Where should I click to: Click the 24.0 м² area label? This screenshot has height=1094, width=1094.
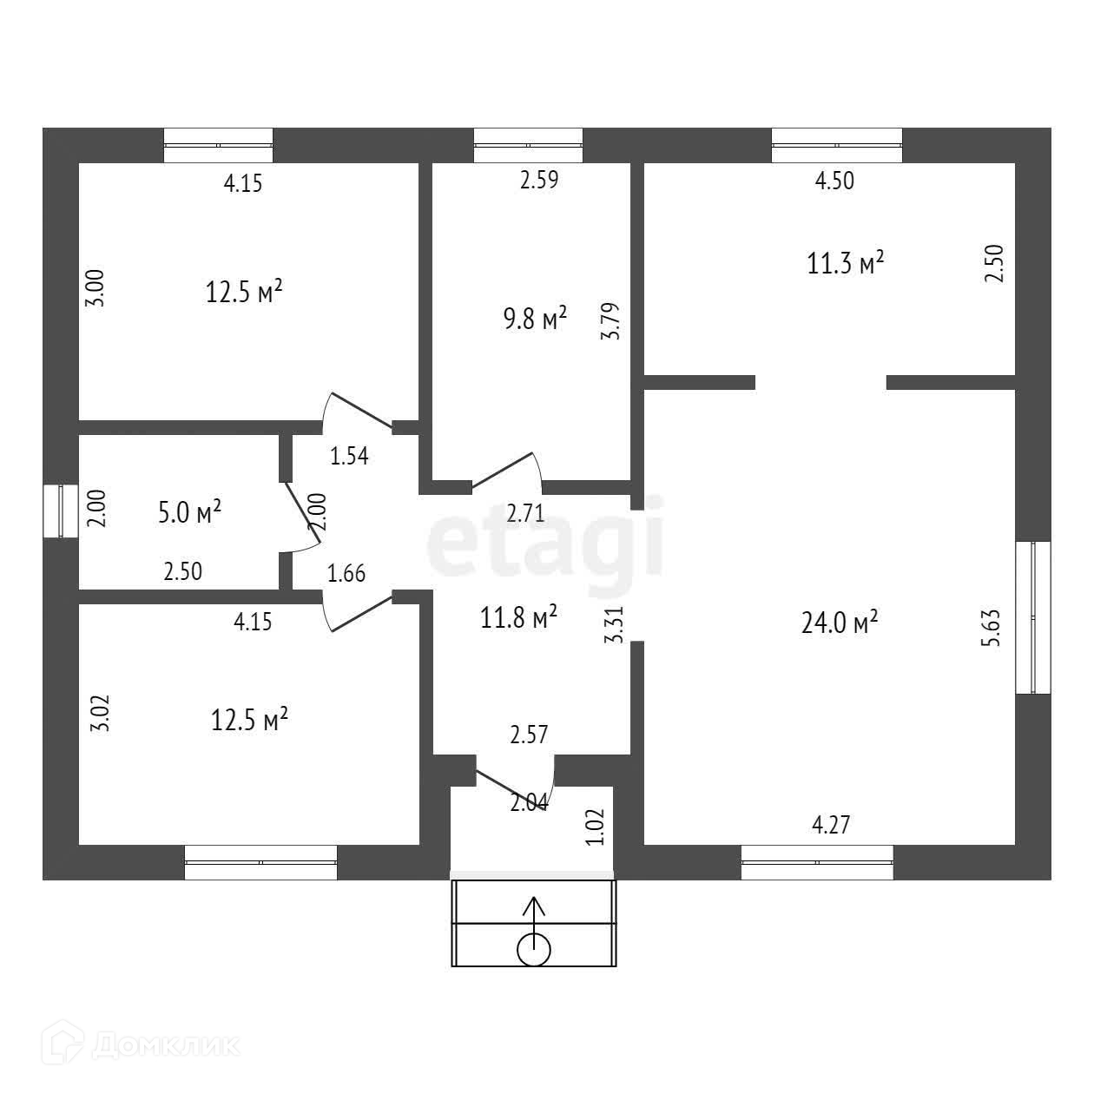click(840, 623)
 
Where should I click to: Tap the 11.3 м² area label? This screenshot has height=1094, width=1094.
click(846, 263)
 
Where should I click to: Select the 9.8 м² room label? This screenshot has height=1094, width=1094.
click(536, 318)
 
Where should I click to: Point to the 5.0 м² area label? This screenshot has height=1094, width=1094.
click(189, 512)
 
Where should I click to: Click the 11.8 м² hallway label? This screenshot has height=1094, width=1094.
click(518, 616)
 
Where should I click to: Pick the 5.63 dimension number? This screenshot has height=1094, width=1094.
click(990, 628)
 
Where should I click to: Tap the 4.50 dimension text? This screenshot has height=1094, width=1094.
click(834, 181)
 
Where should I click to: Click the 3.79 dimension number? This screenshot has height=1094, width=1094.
click(610, 321)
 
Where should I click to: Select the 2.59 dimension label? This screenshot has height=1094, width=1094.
click(539, 180)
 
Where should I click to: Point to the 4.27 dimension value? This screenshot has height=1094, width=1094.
click(831, 825)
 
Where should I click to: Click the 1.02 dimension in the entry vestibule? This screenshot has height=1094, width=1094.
click(595, 827)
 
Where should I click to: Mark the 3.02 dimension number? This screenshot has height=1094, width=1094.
click(100, 713)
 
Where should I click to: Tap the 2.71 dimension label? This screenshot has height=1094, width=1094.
click(525, 513)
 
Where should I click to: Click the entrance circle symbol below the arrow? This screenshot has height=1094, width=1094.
click(534, 949)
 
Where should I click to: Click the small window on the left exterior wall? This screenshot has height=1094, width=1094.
click(61, 511)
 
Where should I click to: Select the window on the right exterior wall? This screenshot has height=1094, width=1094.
click(1033, 617)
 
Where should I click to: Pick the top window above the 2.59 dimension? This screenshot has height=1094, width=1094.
click(528, 145)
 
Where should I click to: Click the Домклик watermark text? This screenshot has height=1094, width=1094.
click(165, 1045)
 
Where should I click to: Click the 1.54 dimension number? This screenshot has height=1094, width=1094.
click(349, 456)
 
